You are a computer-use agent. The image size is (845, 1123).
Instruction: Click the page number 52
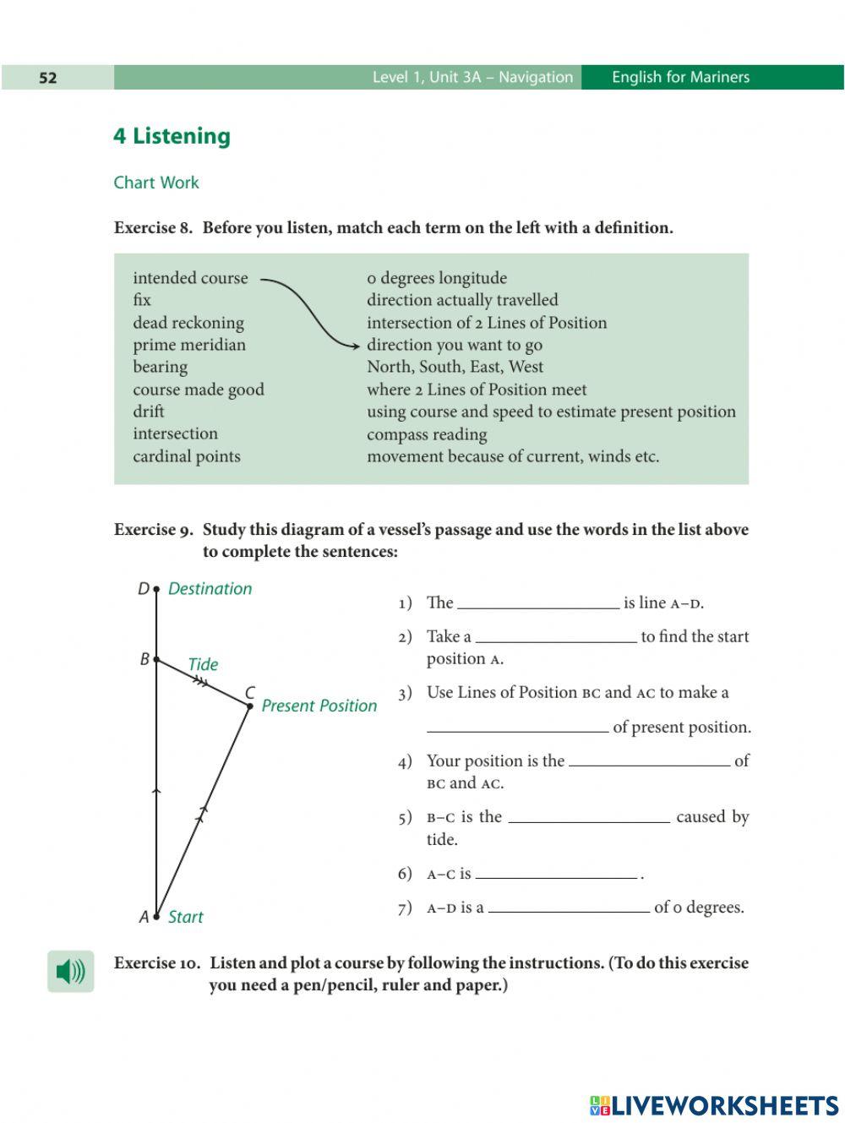tap(48, 78)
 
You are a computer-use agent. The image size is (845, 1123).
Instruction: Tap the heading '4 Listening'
tap(172, 136)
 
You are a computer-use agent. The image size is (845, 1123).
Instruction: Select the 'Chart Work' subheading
tap(156, 183)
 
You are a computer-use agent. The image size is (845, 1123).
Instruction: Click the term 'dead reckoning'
tap(188, 323)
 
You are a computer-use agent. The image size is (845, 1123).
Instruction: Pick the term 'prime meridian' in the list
tap(188, 345)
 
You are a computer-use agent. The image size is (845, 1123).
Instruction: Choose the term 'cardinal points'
tap(186, 456)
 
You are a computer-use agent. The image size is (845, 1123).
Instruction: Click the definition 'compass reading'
tap(427, 434)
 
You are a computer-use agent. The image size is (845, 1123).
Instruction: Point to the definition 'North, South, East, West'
tap(455, 367)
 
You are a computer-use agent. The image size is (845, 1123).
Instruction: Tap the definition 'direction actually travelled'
tap(462, 300)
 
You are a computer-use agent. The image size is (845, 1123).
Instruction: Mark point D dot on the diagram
tap(156, 589)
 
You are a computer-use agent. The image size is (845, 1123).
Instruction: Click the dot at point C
tap(249, 706)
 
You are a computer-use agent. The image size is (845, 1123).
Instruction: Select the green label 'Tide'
tap(203, 664)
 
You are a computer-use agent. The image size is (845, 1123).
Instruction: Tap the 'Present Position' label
tap(319, 706)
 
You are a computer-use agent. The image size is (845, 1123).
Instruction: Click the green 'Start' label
tap(185, 917)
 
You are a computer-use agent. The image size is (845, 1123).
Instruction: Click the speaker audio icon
tap(70, 972)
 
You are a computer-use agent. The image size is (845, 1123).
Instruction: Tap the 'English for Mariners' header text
tap(680, 78)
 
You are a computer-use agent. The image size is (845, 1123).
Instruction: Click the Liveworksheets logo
tap(714, 1105)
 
